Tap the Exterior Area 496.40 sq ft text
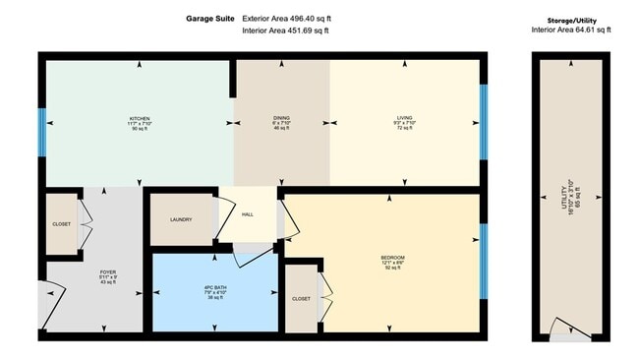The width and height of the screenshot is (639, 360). click(x=285, y=18)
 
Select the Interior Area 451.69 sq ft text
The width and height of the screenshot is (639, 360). click(x=285, y=30)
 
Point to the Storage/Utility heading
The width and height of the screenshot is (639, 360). click(x=571, y=20)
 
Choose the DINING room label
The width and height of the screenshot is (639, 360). click(x=281, y=118)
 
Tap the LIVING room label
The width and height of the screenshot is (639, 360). click(x=404, y=118)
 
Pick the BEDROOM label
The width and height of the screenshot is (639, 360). click(x=393, y=258)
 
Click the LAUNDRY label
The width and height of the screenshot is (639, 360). click(x=180, y=219)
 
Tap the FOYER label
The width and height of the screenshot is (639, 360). click(x=108, y=272)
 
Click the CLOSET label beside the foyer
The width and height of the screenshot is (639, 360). click(x=61, y=224)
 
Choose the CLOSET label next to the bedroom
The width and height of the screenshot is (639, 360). click(x=302, y=297)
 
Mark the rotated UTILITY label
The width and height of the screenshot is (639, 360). click(x=564, y=200)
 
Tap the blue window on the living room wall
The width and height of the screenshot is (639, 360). click(x=482, y=120)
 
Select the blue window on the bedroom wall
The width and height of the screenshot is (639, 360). click(x=482, y=254)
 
